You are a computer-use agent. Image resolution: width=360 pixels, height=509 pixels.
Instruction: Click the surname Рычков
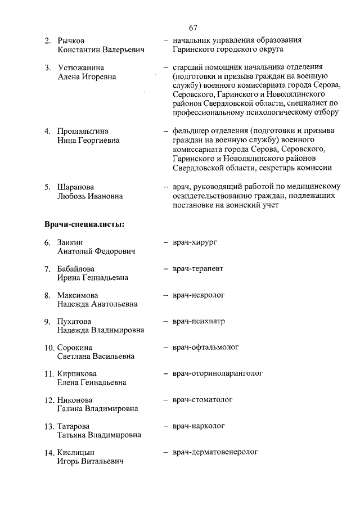tap(71, 41)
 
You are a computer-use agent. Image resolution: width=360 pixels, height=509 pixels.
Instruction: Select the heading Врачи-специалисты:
tap(84, 224)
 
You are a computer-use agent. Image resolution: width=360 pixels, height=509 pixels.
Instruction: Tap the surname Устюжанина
tap(80, 68)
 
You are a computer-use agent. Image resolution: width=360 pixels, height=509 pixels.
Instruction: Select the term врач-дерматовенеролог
tap(215, 452)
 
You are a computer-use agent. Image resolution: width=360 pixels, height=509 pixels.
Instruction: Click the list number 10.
tap(49, 348)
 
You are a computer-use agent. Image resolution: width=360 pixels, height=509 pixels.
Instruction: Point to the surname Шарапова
tap(76, 187)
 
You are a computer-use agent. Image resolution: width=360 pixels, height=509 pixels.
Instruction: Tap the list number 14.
tap(49, 452)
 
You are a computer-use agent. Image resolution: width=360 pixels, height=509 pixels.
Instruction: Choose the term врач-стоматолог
tap(203, 399)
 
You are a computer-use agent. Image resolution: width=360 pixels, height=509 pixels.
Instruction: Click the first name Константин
tap(78, 50)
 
